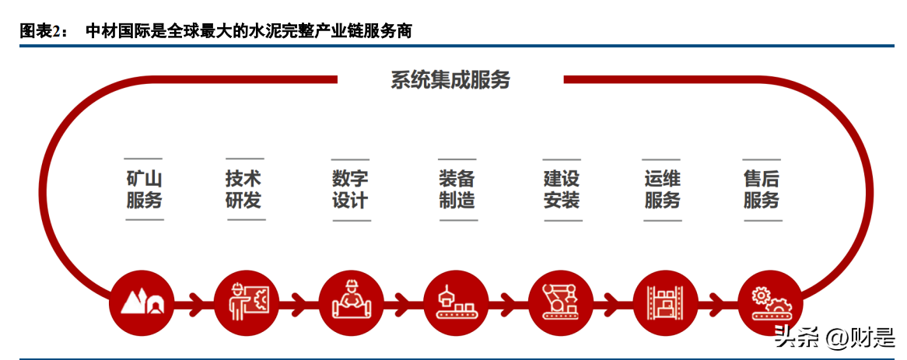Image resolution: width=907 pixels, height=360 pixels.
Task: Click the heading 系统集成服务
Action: (450, 80)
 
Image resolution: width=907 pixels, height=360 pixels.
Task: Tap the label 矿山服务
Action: (144, 190)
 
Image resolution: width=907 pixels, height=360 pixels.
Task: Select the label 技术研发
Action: (243, 190)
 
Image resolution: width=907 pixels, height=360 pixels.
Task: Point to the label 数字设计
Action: (350, 190)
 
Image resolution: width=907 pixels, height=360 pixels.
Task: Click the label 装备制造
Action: (457, 190)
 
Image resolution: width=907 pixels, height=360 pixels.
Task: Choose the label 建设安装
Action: (562, 190)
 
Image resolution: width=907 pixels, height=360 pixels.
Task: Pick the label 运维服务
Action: (662, 190)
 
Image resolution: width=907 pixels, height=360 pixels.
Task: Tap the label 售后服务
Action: (762, 190)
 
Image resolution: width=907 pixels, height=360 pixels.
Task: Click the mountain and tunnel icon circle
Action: (142, 302)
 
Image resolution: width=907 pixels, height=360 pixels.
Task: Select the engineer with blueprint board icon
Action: (247, 302)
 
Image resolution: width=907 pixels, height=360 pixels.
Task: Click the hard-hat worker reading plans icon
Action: (351, 302)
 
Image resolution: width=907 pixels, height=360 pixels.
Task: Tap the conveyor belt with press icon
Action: (457, 302)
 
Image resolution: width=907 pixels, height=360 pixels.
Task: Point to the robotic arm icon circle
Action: (561, 302)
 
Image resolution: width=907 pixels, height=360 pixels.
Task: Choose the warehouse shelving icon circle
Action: (667, 302)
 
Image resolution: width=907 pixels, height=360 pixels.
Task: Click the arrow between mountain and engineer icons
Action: (195, 302)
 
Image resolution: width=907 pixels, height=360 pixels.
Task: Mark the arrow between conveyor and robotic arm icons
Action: (509, 302)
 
